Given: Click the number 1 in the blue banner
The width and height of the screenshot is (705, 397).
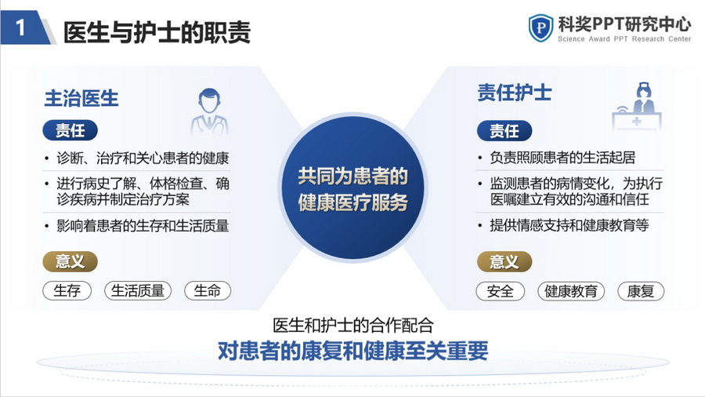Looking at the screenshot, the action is pos(20,28).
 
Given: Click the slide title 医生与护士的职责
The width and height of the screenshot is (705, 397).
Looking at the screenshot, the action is pos(157,32).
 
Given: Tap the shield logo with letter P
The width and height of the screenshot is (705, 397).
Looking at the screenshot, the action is pos(540,28).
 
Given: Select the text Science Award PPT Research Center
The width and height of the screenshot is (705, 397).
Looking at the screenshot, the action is pos(624,39).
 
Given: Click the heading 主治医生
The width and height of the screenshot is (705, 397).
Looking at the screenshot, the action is pos(81,98).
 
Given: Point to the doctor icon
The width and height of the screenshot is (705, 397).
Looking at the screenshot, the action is pos(209,111).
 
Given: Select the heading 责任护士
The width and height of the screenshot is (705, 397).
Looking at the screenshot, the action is pos(515,93).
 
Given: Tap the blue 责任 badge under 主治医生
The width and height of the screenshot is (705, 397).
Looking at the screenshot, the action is pos(70,130).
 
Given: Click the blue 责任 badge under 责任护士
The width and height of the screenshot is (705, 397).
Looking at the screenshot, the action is pos(504,131).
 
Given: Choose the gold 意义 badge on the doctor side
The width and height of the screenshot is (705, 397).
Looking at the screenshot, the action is pos(70,261).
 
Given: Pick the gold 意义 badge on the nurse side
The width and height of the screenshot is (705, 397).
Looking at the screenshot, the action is pos(504,262).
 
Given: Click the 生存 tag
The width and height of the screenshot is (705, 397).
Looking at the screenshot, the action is pos(67,291).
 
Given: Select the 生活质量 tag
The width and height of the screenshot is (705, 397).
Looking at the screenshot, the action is pos(138,291).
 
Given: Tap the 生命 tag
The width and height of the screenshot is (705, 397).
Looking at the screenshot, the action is pos(208,291).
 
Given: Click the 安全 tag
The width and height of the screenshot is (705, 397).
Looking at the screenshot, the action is pos(501,291).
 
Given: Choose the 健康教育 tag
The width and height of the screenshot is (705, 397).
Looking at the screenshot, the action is pos(571,291).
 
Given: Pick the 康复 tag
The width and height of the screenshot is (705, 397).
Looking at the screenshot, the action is pos(641,291).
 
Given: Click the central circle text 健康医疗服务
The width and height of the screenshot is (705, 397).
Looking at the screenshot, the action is pos(353,202).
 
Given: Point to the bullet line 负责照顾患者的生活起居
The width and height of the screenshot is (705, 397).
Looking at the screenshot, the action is pos(562,158).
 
